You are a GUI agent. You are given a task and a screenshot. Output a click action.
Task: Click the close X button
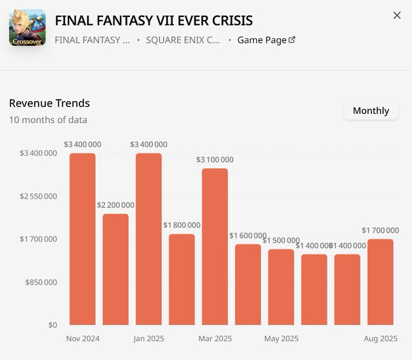click(397, 16)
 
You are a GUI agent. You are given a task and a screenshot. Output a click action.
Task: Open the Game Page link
click(266, 40)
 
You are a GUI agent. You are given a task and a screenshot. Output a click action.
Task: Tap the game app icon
click(27, 27)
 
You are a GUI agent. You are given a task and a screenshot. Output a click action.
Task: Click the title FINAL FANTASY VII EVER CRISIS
click(154, 20)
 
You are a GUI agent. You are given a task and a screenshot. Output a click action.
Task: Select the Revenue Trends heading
click(50, 103)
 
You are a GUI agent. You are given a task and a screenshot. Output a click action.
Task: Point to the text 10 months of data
click(48, 119)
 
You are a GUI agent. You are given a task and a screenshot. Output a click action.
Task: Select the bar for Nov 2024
click(82, 239)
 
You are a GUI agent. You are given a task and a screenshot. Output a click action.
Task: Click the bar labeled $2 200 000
click(116, 269)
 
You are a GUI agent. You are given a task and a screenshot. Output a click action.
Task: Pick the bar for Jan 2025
click(148, 239)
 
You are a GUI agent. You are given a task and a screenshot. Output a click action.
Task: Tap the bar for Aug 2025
click(380, 282)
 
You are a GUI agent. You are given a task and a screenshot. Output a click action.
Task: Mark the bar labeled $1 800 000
click(182, 279)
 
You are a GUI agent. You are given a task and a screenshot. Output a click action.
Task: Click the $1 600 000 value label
click(248, 236)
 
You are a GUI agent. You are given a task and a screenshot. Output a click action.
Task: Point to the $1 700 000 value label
click(380, 230)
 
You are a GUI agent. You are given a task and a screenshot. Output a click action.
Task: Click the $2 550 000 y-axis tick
click(39, 196)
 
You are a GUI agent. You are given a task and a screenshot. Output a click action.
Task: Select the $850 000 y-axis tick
click(42, 282)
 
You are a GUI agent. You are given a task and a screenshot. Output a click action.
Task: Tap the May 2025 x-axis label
click(281, 338)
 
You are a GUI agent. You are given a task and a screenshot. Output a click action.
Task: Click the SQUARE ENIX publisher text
click(182, 40)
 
